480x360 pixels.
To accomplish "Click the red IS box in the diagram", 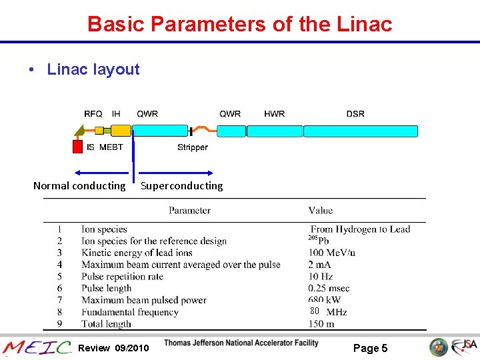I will click(x=77, y=147).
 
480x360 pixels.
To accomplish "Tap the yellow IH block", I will click(x=121, y=131).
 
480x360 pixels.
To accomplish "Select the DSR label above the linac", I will click(x=355, y=114).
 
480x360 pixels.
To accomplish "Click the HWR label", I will click(x=274, y=114).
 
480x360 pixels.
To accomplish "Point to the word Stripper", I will click(x=193, y=147).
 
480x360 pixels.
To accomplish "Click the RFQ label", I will click(x=93, y=114).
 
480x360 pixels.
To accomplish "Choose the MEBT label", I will click(x=111, y=147).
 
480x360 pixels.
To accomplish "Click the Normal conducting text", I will click(x=79, y=186).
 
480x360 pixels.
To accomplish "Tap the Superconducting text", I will click(x=182, y=186).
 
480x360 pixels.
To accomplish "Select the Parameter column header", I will click(x=189, y=211).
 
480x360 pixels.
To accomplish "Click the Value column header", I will click(x=321, y=211).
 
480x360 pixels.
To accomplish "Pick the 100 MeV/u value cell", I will click(x=331, y=253).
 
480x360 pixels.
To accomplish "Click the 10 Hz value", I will click(x=321, y=277).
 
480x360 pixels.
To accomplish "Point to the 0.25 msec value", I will click(x=329, y=289).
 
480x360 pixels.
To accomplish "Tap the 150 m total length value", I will click(x=321, y=324).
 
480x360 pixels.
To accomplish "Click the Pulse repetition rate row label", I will click(x=122, y=277).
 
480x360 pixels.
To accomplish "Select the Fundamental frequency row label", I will click(x=130, y=312).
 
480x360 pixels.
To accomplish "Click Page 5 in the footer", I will click(x=370, y=348).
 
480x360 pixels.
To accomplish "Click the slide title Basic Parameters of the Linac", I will click(x=240, y=24).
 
